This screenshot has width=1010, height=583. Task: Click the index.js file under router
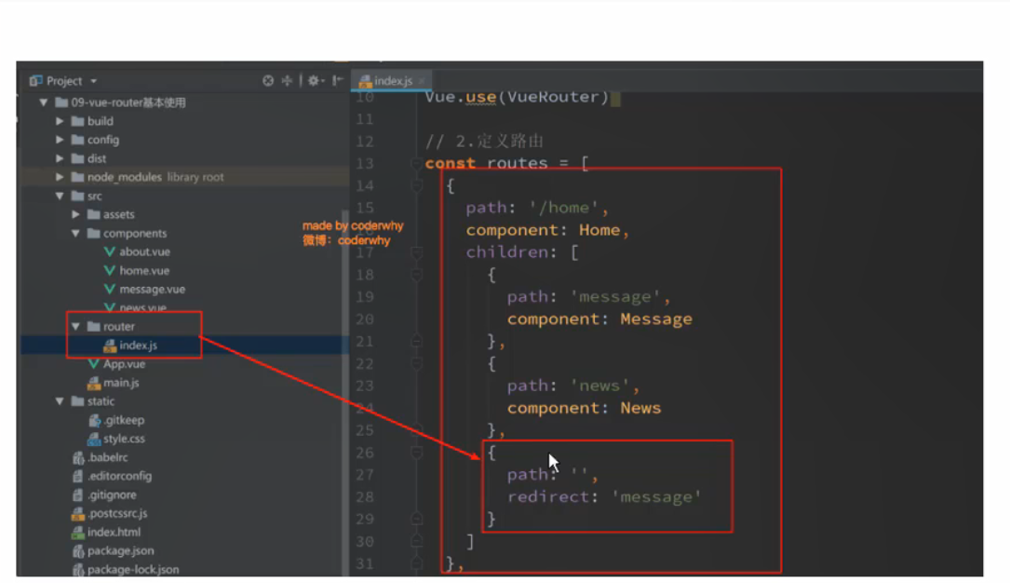pyautogui.click(x=138, y=346)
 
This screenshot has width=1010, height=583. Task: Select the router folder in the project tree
pyautogui.click(x=118, y=327)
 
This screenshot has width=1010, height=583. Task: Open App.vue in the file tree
pyautogui.click(x=124, y=364)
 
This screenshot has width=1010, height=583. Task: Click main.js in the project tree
pyautogui.click(x=121, y=383)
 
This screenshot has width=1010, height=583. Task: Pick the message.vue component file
pyautogui.click(x=152, y=290)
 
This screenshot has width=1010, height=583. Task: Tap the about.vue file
pyautogui.click(x=144, y=251)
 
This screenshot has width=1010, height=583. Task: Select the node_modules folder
pyautogui.click(x=124, y=177)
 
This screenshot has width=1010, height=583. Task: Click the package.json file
pyautogui.click(x=120, y=551)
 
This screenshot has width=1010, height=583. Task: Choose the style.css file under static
pyautogui.click(x=124, y=439)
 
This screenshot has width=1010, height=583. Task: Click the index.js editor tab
pyautogui.click(x=393, y=81)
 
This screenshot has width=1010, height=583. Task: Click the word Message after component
pyautogui.click(x=655, y=319)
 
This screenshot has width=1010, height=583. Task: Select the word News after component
pyautogui.click(x=640, y=408)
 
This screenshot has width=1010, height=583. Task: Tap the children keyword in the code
pyautogui.click(x=507, y=252)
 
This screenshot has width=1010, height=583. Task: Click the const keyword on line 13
pyautogui.click(x=450, y=164)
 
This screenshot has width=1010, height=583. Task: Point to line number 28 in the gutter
pyautogui.click(x=365, y=497)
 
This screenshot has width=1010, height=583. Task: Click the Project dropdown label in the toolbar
pyautogui.click(x=64, y=81)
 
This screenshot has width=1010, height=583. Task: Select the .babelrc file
pyautogui.click(x=107, y=457)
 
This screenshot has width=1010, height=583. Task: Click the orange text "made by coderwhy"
pyautogui.click(x=352, y=226)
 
